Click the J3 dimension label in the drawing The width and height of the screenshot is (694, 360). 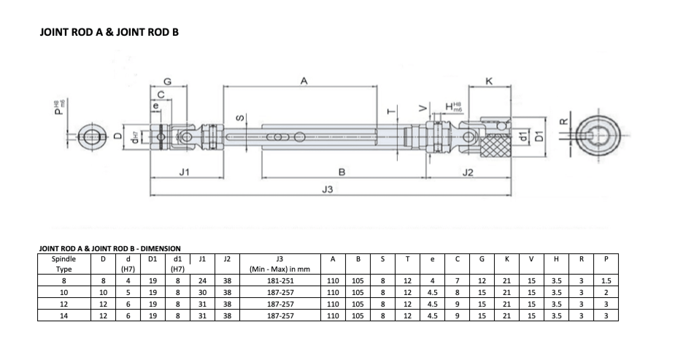coord(328,189)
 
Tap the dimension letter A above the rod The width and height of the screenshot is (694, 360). coord(304,81)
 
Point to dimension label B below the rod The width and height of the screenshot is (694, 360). coord(342,172)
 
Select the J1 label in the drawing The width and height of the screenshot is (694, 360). coord(185,172)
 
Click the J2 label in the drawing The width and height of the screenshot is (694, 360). coord(468,172)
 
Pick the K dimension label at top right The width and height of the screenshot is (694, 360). coord(489,81)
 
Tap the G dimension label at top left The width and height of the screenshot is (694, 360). coord(167,81)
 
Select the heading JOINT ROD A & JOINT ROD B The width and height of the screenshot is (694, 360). coord(109,32)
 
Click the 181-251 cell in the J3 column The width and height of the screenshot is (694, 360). coord(280,281)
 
